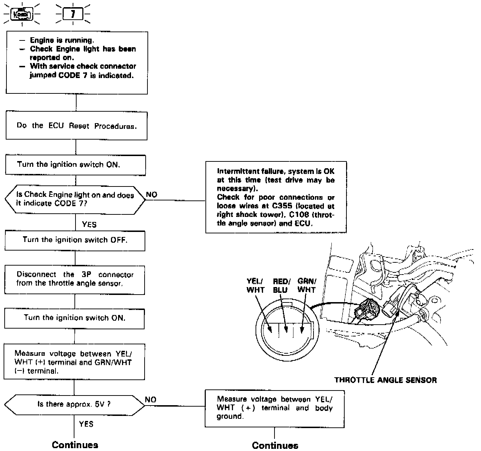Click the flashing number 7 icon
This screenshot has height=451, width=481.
(x=73, y=15)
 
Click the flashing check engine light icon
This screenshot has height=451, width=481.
(x=22, y=15)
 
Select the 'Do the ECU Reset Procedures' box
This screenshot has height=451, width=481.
(x=76, y=126)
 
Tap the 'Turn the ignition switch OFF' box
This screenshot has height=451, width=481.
(x=75, y=240)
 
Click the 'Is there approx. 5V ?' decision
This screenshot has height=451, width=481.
(x=74, y=404)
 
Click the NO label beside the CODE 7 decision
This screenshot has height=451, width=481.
(x=152, y=195)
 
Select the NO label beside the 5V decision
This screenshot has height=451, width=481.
(x=151, y=399)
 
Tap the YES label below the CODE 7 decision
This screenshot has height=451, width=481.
(x=89, y=225)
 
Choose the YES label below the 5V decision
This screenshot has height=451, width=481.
(x=86, y=424)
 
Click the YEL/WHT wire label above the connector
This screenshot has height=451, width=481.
(x=255, y=286)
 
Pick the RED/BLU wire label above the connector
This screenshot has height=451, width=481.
(x=282, y=286)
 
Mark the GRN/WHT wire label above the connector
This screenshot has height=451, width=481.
(x=307, y=285)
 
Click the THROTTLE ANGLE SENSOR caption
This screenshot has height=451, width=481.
(x=385, y=380)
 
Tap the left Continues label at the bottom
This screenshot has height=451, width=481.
(x=75, y=445)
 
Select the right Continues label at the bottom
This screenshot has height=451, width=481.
(x=275, y=445)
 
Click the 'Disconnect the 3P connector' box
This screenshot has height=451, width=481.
(x=74, y=279)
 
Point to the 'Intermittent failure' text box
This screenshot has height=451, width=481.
(x=276, y=197)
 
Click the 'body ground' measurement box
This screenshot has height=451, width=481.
(x=274, y=408)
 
